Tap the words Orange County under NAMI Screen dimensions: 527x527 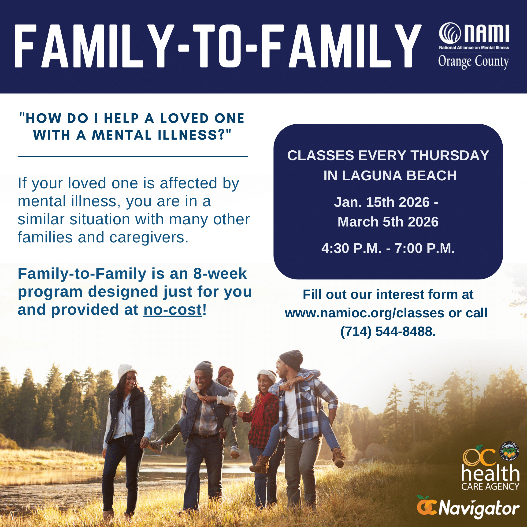474,61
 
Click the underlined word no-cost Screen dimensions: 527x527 172,310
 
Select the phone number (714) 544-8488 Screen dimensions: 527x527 388,331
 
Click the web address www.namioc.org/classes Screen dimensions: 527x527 364,313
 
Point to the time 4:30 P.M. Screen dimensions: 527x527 351,249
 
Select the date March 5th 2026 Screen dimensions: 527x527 388,222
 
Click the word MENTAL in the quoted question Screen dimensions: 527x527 122,135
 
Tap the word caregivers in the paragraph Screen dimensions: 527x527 149,237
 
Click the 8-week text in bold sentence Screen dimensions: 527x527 220,274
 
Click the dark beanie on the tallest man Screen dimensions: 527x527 291,359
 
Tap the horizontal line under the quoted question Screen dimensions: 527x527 133,156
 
